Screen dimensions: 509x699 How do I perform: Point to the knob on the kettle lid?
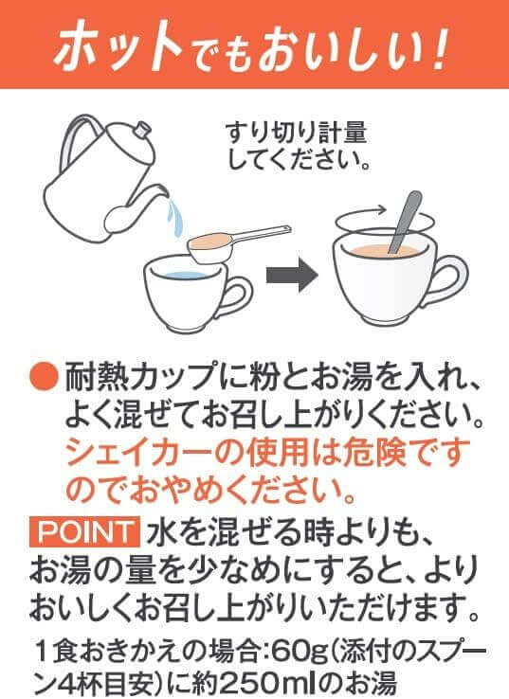142,129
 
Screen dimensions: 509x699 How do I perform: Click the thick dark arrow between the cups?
292,275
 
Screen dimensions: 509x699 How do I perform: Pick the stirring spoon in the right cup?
405,222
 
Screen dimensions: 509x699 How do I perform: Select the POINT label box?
84,532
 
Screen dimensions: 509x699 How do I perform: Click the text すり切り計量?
296,133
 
